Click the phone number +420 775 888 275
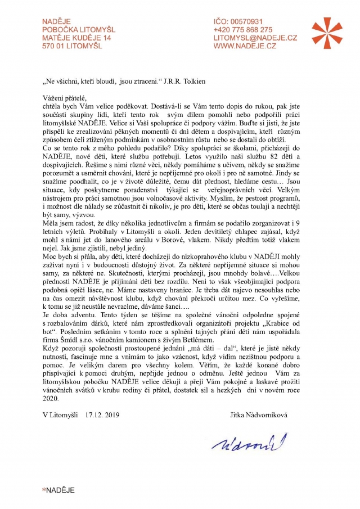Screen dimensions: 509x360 point(243,30)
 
